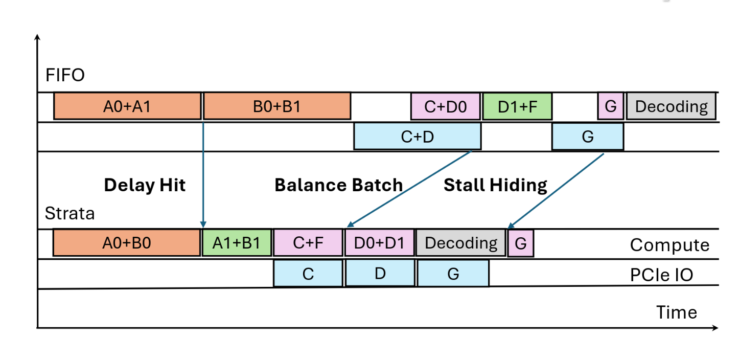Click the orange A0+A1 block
click(x=127, y=106)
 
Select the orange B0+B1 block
click(x=277, y=106)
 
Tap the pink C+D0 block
click(x=446, y=106)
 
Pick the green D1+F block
click(x=517, y=106)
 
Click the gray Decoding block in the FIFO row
click(x=671, y=106)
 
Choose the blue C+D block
click(x=417, y=137)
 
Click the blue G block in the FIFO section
click(x=587, y=137)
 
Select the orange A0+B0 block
click(x=126, y=242)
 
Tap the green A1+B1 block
click(x=237, y=242)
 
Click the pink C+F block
click(x=308, y=242)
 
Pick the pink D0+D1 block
click(x=380, y=242)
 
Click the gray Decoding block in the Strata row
click(x=460, y=242)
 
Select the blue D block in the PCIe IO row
click(x=380, y=274)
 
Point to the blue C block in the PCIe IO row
click(x=308, y=274)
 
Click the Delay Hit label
click(x=145, y=185)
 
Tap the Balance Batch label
click(x=338, y=185)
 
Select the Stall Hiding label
click(x=495, y=185)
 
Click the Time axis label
click(x=676, y=312)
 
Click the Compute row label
click(x=669, y=245)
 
